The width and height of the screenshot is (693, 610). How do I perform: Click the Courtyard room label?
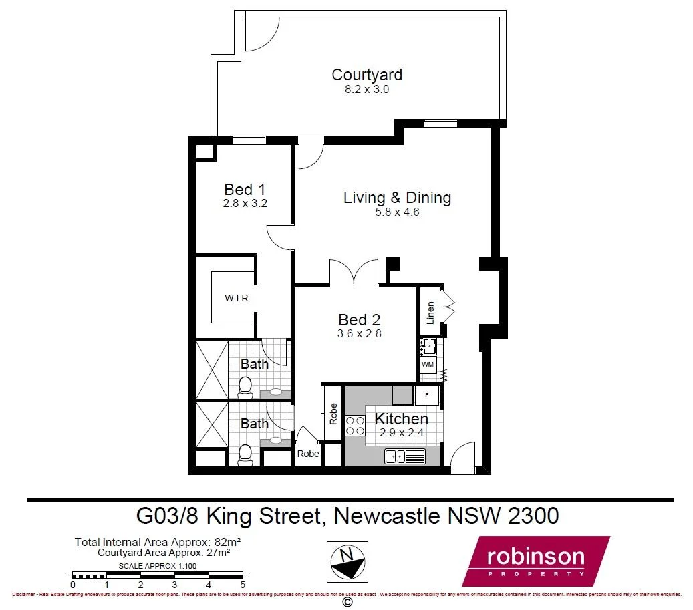pyautogui.click(x=367, y=75)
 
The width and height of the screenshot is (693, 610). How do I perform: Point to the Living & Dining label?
pyautogui.click(x=397, y=198)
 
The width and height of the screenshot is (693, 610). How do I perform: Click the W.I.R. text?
pyautogui.click(x=237, y=299)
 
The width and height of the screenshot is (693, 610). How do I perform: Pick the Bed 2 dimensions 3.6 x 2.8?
pyautogui.click(x=360, y=334)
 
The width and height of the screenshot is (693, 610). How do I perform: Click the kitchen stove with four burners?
pyautogui.click(x=356, y=426)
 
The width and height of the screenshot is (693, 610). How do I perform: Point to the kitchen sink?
pyautogui.click(x=405, y=456)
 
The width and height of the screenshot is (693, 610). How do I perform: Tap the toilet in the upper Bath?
pyautogui.click(x=245, y=386)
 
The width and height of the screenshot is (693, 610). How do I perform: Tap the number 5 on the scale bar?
pyautogui.click(x=243, y=585)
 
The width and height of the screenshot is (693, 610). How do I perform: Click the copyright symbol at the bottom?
pyautogui.click(x=347, y=602)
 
